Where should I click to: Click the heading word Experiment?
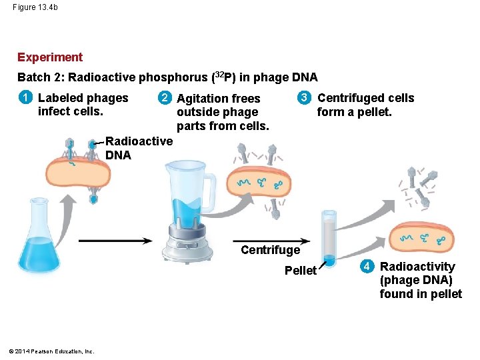point(50,57)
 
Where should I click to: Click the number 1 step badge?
point(25,98)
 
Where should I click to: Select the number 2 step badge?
point(163,98)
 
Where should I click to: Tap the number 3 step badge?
point(304,98)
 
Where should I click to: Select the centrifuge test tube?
point(329,237)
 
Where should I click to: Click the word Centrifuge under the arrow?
point(270,250)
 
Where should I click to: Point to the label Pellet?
point(301,270)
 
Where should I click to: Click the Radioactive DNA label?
point(139,148)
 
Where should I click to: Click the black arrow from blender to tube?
point(270,240)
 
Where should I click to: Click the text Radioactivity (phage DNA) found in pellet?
point(420,280)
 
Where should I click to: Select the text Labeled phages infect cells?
point(83,105)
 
